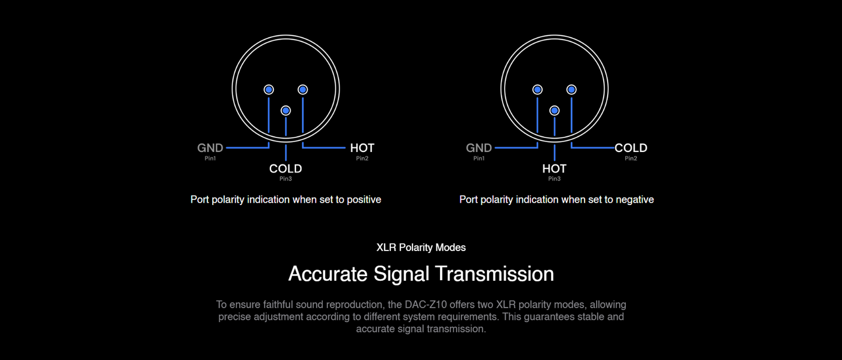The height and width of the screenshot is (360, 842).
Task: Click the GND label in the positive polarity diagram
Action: click(210, 148)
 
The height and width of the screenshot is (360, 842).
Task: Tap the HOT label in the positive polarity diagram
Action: click(362, 148)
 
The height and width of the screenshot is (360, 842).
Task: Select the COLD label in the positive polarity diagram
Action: click(286, 168)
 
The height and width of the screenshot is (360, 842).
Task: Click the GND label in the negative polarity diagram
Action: click(479, 148)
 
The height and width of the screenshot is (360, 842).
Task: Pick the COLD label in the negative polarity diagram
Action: click(630, 148)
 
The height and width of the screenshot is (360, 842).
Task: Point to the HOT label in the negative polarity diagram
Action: click(555, 168)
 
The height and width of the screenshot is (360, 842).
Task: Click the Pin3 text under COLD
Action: click(286, 178)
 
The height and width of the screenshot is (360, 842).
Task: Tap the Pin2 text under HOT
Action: click(362, 158)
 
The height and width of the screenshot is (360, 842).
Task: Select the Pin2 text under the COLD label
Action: click(631, 158)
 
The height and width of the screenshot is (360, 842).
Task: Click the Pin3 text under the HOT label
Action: click(555, 178)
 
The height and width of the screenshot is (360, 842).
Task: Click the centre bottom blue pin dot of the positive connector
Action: click(286, 111)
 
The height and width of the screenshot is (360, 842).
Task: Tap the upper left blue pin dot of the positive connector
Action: click(269, 90)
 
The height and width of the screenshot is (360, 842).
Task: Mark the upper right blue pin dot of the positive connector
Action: click(302, 90)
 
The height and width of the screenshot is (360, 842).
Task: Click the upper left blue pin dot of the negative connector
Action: click(537, 90)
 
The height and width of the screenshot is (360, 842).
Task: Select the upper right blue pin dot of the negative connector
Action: click(572, 90)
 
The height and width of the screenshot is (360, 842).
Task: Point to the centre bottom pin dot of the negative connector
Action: click(555, 111)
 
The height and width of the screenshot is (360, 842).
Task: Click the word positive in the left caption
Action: click(364, 200)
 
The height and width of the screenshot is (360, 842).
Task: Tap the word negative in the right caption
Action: click(635, 200)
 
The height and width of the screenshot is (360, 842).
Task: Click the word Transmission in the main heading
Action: click(494, 274)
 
